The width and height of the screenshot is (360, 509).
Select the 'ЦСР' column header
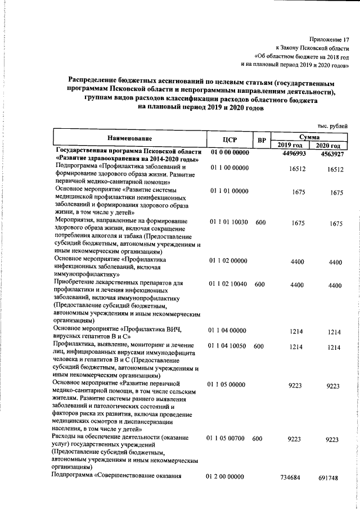pos(229,139)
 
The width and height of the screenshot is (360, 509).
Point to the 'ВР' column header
pos(260,140)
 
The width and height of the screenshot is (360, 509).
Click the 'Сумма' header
pos(309,137)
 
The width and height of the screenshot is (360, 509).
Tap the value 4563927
pos(331,154)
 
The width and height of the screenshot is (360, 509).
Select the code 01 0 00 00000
pos(229,153)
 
